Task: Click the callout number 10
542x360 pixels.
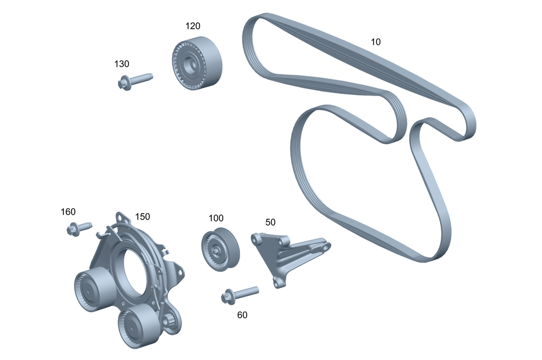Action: point(375,42)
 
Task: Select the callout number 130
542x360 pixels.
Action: point(121,64)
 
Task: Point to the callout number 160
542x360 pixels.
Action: point(68,212)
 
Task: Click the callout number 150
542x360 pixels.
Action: point(143,217)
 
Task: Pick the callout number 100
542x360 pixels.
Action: point(216,218)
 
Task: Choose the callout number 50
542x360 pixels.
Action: point(270,222)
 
